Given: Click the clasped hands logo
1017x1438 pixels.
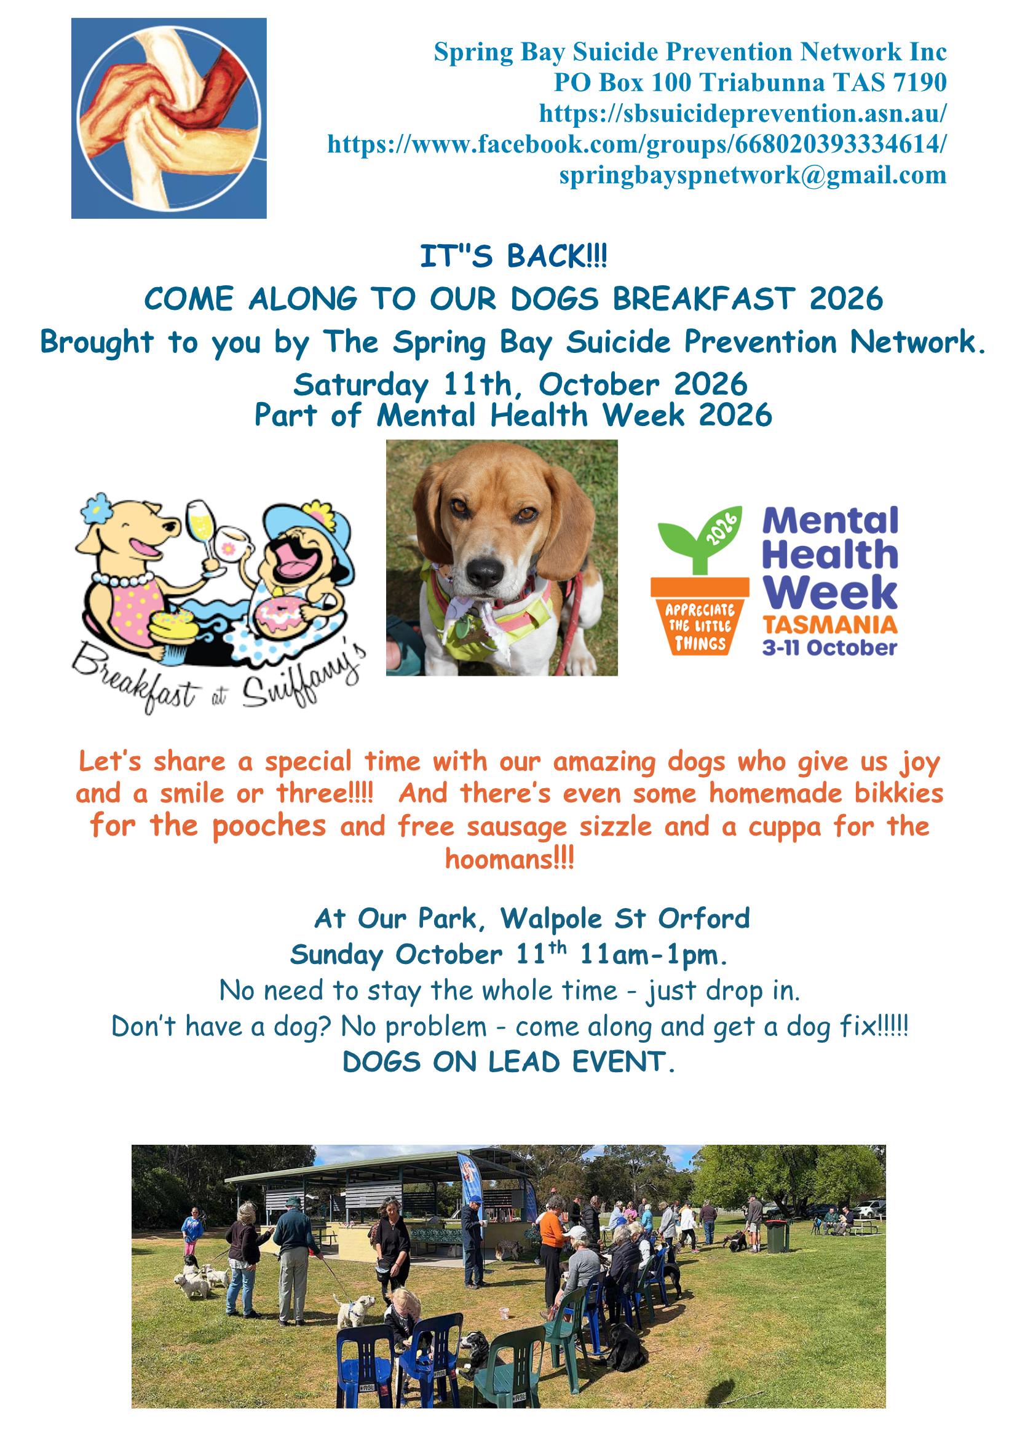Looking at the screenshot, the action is coord(169,118).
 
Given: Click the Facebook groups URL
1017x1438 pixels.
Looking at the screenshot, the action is coord(637,144).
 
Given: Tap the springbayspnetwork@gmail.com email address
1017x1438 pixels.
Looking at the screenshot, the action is coord(753,175).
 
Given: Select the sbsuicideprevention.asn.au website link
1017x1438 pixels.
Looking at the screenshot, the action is coord(743,114).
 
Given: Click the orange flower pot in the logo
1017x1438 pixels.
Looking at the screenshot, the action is coord(700,615).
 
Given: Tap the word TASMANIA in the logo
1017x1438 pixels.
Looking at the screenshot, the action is coord(829,625).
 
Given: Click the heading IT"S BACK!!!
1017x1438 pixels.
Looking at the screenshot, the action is coord(513,258).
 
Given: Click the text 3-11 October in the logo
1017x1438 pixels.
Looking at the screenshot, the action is coord(829,647).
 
